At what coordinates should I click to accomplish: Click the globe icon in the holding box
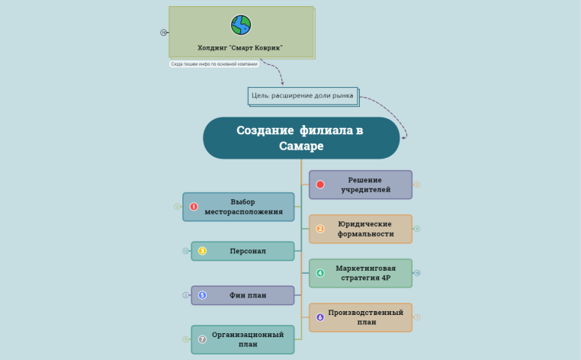pos(241,25)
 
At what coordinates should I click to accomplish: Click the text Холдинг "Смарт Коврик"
pos(240,47)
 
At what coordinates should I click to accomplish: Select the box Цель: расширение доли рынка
pos(303,95)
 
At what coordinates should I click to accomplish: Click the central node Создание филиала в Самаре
pos(301,138)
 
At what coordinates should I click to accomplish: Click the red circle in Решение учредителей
pos(320,185)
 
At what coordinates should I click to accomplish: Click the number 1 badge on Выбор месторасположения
pos(194,207)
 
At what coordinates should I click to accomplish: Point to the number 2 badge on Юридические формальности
pos(320,229)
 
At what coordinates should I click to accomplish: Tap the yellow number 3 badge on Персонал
pos(202,251)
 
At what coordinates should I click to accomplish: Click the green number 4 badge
pos(320,273)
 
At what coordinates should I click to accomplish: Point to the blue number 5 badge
pos(202,295)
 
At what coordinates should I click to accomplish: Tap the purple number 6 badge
pos(320,317)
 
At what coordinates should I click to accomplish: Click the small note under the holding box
pos(214,64)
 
